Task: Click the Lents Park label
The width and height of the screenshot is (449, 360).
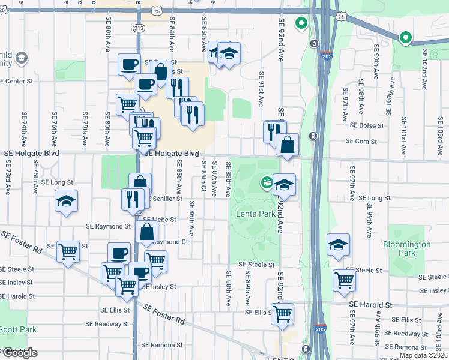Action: click(255, 214)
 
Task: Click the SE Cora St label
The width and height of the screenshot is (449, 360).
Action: click(361, 142)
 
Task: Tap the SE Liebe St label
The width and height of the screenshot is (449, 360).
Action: click(160, 220)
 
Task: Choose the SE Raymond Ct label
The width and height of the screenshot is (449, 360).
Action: click(169, 242)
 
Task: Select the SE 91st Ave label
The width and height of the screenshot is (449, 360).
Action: click(261, 89)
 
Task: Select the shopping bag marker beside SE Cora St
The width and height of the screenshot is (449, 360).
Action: click(288, 144)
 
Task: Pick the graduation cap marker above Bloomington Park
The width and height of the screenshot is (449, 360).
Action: click(339, 244)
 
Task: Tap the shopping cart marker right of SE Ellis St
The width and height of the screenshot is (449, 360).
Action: click(282, 313)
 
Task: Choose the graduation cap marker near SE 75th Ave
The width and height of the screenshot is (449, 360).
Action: click(66, 200)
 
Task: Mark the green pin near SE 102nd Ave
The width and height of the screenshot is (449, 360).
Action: click(405, 38)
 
